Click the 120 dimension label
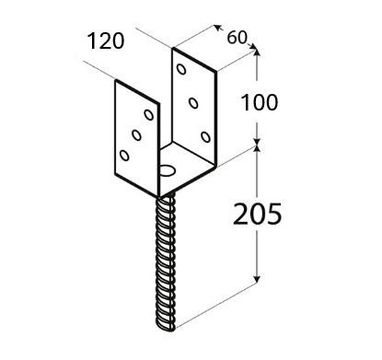coord(106,41)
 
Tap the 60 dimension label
coord(237,38)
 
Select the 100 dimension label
coord(260,102)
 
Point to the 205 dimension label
coord(257,214)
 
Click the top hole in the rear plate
coord(181,69)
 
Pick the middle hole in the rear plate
coord(193,103)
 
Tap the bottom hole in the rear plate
coord(205,136)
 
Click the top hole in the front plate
coord(149,115)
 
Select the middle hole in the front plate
coord(136,134)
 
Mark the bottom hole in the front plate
coord(124,156)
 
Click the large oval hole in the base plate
coord(167,170)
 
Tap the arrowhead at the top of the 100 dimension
coord(257,52)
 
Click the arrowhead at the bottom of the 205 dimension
coord(257,279)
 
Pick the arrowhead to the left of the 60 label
coord(218,28)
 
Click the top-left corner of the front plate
coord(116,80)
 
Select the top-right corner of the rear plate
coord(216,72)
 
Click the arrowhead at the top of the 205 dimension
coord(257,149)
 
